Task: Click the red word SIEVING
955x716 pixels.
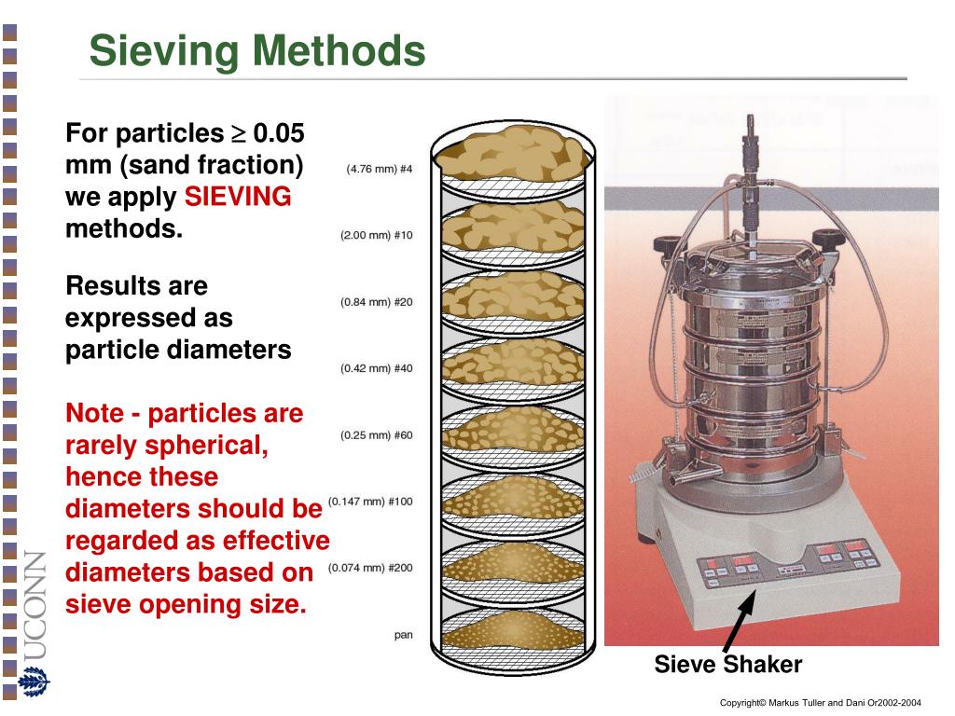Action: click(238, 197)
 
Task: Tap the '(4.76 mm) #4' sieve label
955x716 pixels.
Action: click(379, 170)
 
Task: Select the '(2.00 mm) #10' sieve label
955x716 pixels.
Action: click(376, 236)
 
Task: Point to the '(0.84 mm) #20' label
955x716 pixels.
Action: click(376, 302)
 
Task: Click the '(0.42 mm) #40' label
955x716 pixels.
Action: click(376, 368)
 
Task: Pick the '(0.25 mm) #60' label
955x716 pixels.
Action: click(376, 435)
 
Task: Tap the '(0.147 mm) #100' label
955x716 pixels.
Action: click(370, 502)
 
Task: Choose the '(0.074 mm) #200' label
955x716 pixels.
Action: click(370, 568)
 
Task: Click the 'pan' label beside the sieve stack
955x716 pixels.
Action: click(403, 635)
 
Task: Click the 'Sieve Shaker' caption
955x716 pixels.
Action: click(727, 665)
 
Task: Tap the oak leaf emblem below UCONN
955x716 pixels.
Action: click(34, 683)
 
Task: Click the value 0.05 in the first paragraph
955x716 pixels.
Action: click(279, 133)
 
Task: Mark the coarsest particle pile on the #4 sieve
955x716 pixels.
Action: click(511, 154)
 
